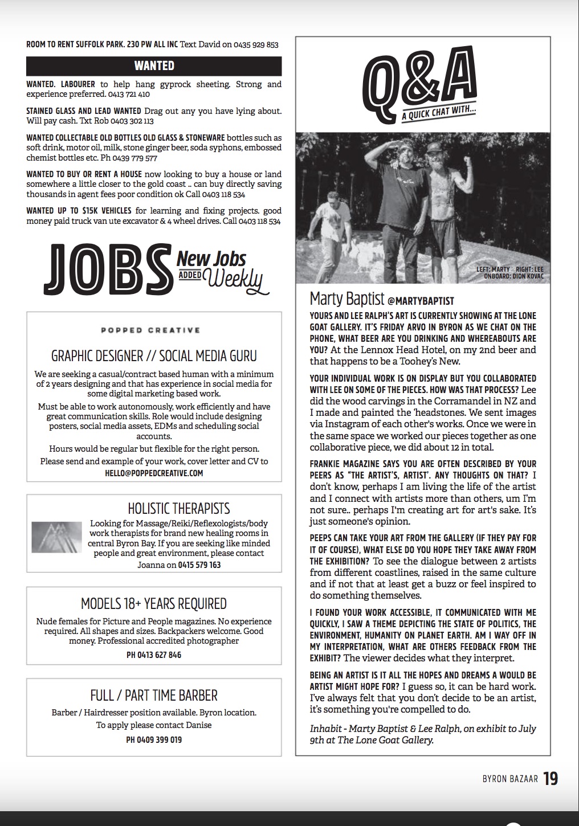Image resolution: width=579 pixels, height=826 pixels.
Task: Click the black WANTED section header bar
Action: [x=154, y=66]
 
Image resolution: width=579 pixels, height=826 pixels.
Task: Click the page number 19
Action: [x=551, y=779]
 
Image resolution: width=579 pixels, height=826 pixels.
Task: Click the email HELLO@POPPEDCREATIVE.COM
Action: [x=154, y=473]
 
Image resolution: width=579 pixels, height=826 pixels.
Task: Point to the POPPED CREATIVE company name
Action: [x=151, y=330]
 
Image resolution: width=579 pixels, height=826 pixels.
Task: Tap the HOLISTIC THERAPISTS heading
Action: [x=179, y=508]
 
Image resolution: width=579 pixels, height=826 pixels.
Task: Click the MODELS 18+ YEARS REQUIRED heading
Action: [x=154, y=603]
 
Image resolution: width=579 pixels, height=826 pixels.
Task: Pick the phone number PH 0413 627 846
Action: [x=154, y=655]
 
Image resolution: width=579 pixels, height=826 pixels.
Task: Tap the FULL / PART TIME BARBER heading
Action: [x=154, y=696]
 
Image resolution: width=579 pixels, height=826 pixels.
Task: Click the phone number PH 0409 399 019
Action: [x=154, y=740]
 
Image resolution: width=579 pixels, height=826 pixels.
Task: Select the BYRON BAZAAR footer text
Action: [x=507, y=779]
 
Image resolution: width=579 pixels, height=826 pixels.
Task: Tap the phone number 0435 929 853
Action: [x=256, y=44]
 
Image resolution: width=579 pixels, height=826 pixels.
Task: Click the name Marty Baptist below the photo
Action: [x=346, y=298]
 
